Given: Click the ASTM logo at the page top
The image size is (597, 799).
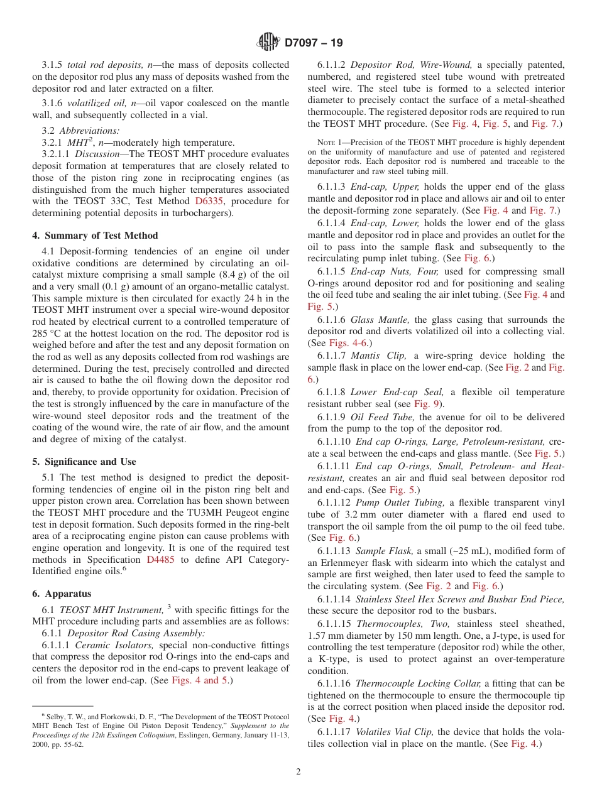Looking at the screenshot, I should point(268,42).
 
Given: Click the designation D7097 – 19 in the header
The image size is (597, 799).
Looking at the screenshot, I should point(314,43).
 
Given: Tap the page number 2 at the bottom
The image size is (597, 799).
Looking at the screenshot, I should point(298,772).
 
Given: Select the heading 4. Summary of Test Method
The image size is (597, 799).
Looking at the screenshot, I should point(95,236).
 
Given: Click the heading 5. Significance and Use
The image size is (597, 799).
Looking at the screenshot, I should point(84,461).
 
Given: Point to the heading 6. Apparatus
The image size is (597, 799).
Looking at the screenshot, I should point(62,593).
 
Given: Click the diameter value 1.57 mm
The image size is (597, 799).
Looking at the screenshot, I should point(325,635).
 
